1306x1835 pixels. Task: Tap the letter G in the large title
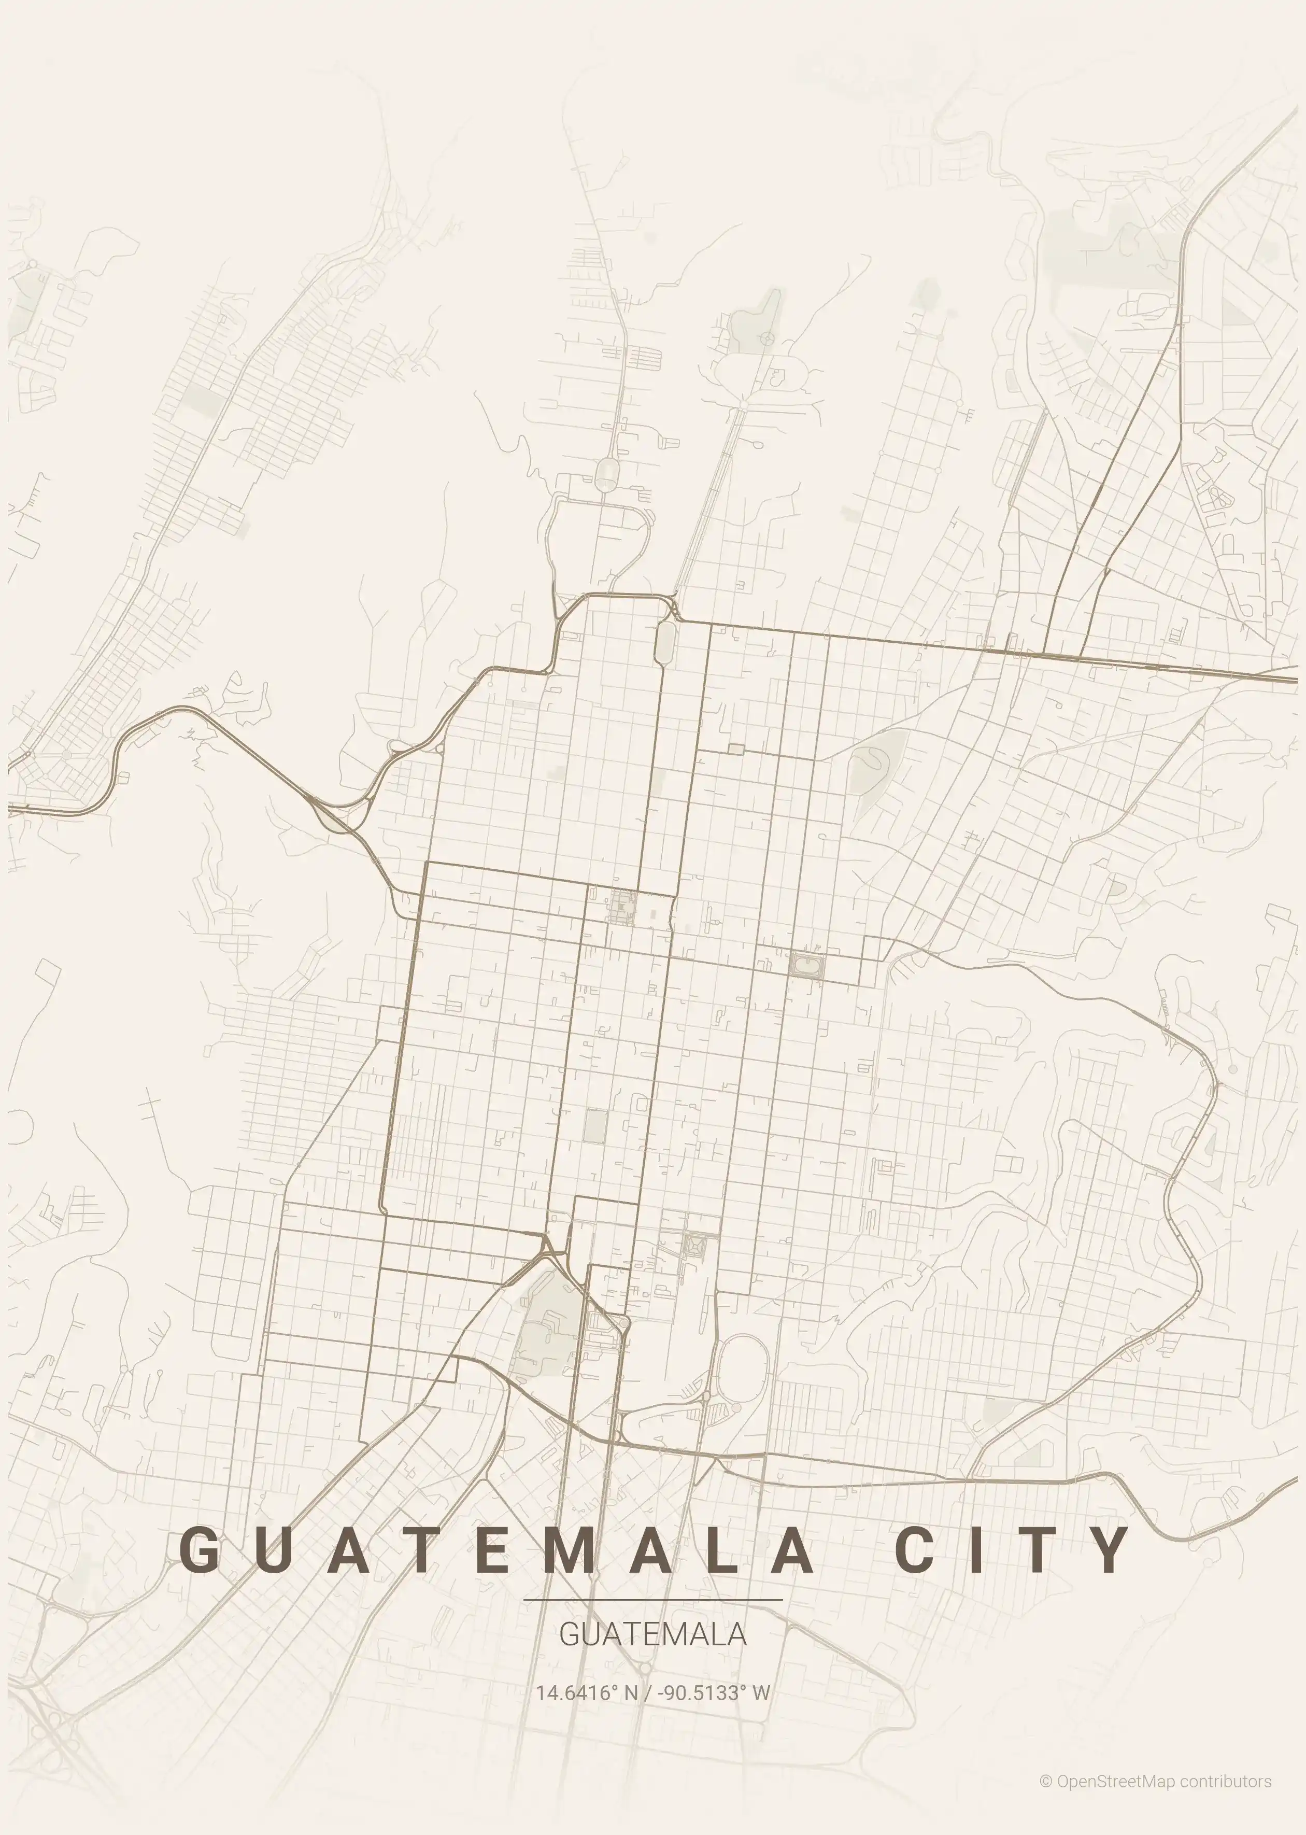coord(198,1549)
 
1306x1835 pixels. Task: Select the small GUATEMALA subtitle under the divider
coord(652,1634)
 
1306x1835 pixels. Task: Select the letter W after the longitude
coord(761,1692)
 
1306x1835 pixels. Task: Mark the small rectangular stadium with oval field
coord(806,965)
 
